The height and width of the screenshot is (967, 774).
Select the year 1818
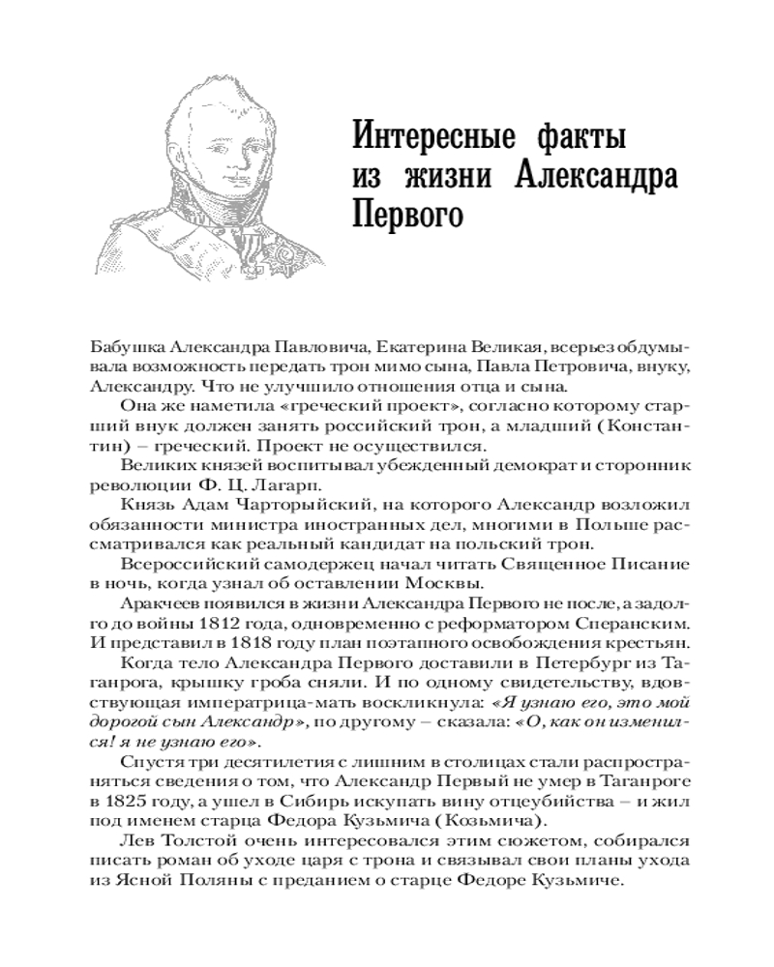pyautogui.click(x=254, y=657)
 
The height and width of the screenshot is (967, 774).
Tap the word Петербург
pyautogui.click(x=573, y=679)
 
